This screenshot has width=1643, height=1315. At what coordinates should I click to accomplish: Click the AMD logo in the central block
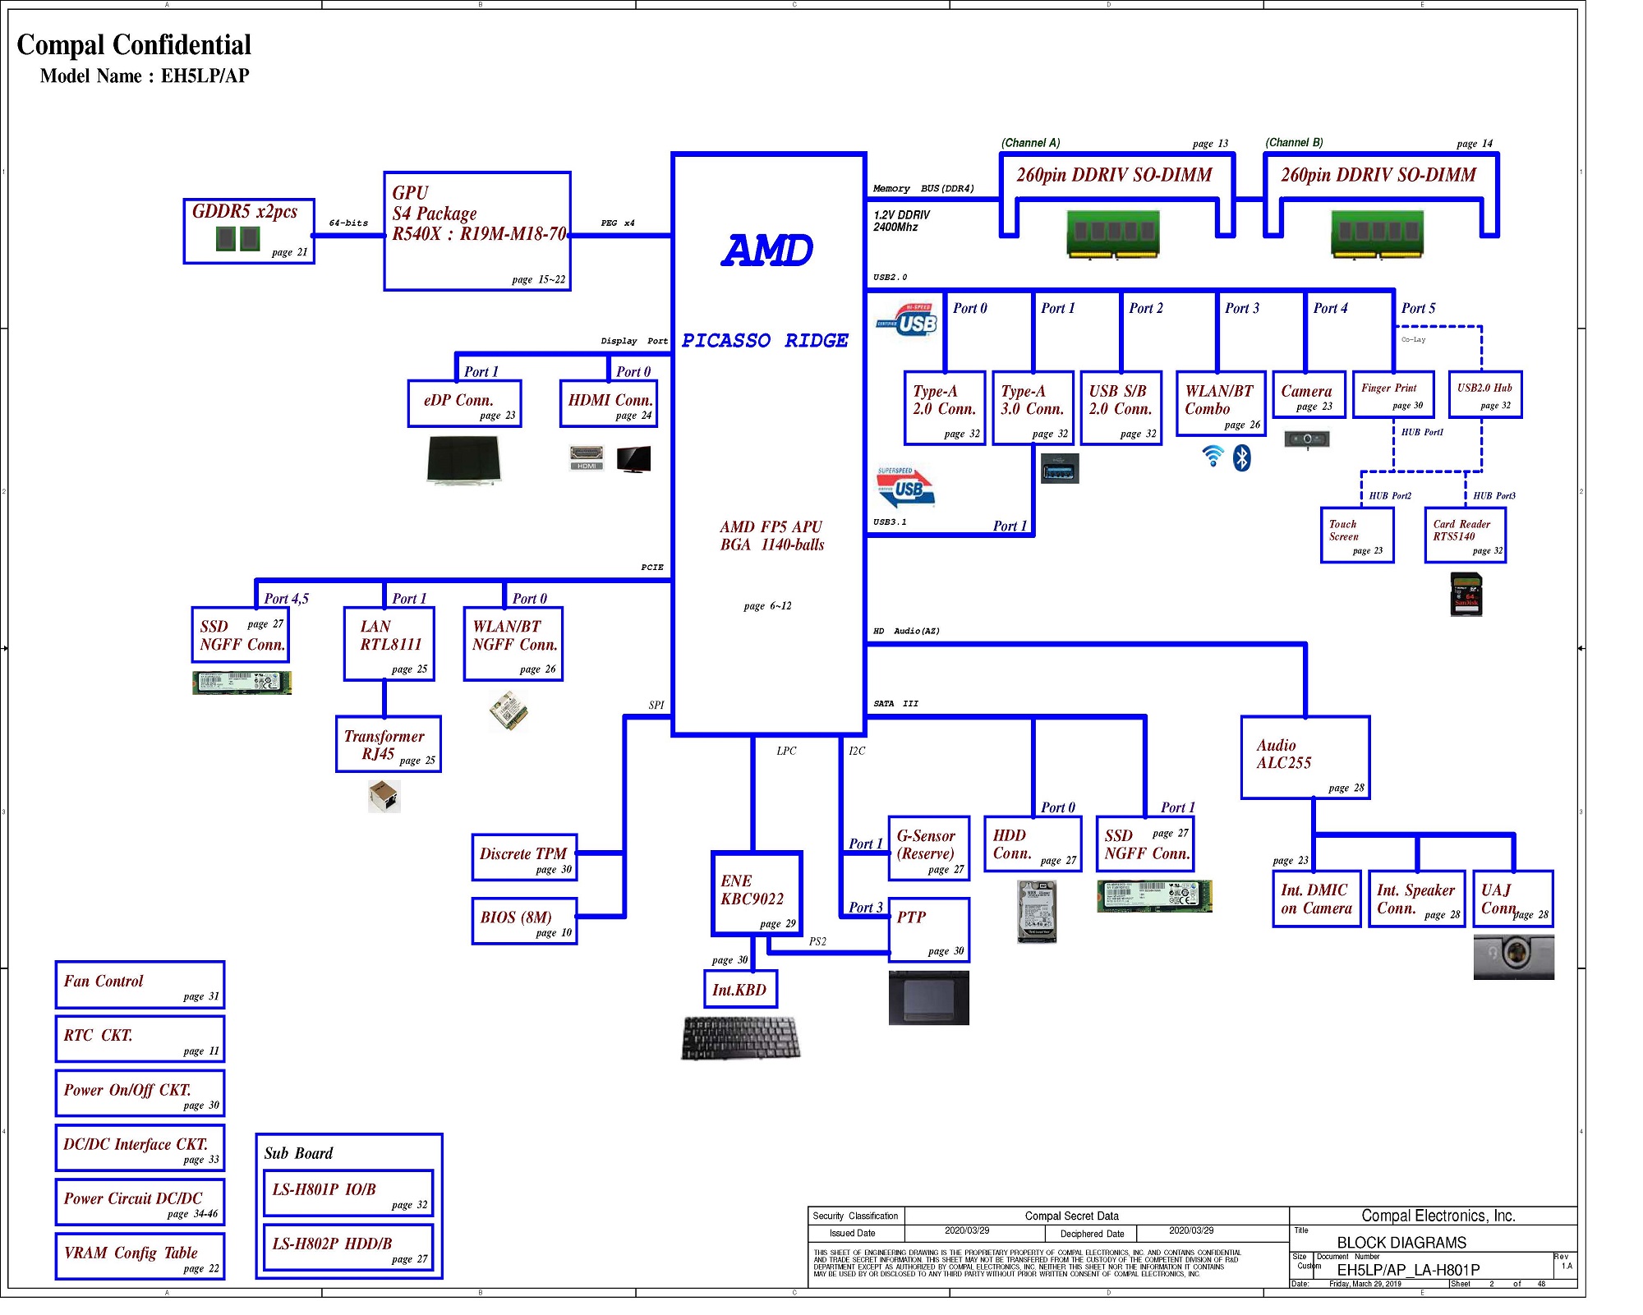pos(767,251)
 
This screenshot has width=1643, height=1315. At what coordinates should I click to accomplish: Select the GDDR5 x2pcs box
pos(249,231)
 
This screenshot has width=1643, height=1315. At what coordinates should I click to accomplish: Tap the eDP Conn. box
pos(465,403)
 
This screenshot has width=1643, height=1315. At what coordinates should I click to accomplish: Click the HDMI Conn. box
pos(608,403)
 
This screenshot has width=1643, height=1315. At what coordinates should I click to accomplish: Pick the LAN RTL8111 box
pos(389,644)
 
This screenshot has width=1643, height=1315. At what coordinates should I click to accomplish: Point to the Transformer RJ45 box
pos(389,744)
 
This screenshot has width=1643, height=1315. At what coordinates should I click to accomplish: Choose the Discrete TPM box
pos(524,858)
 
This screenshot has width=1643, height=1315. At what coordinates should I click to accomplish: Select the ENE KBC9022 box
pos(757,894)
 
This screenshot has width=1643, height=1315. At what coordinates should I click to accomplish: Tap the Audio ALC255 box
pos(1305,757)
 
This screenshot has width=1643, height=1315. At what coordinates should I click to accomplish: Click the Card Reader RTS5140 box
pos(1466,536)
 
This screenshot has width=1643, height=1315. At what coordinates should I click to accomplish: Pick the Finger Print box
pos(1393,394)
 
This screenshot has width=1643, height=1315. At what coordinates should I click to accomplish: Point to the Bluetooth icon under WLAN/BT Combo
pos(1242,457)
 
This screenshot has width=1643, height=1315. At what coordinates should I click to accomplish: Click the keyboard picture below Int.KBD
pos(740,1037)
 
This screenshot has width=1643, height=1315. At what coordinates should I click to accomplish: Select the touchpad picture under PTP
pos(929,998)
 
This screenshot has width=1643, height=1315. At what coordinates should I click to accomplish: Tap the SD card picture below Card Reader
pos(1466,595)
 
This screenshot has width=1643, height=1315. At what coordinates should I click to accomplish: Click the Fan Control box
pos(140,985)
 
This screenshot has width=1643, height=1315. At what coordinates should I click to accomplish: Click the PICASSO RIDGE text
pos(765,341)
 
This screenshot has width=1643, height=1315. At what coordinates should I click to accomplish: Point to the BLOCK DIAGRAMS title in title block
pos(1401,1243)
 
